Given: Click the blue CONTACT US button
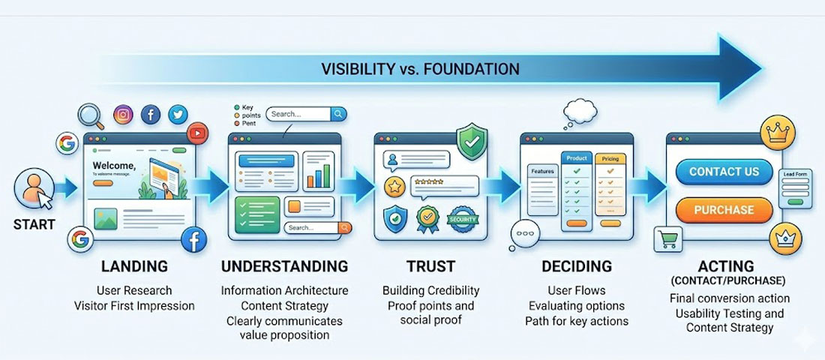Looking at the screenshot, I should click(x=724, y=172).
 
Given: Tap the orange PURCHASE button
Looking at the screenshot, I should click(x=724, y=210).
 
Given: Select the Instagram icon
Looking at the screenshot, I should click(x=124, y=115).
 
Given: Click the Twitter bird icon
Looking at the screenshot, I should click(x=178, y=115).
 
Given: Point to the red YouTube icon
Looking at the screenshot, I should click(x=198, y=133).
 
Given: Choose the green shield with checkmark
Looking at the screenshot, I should click(x=472, y=139).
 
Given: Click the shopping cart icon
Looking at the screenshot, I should click(x=667, y=239).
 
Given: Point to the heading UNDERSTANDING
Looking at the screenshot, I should click(x=284, y=266).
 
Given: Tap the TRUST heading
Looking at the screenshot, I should click(x=430, y=266).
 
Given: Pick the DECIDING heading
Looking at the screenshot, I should click(x=576, y=266).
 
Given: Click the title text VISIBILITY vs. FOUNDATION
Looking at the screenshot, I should click(x=420, y=69).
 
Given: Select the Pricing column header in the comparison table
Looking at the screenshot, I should click(x=609, y=159).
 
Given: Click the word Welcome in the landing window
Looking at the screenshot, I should click(x=113, y=165).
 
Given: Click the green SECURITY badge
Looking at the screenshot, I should click(x=463, y=219).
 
